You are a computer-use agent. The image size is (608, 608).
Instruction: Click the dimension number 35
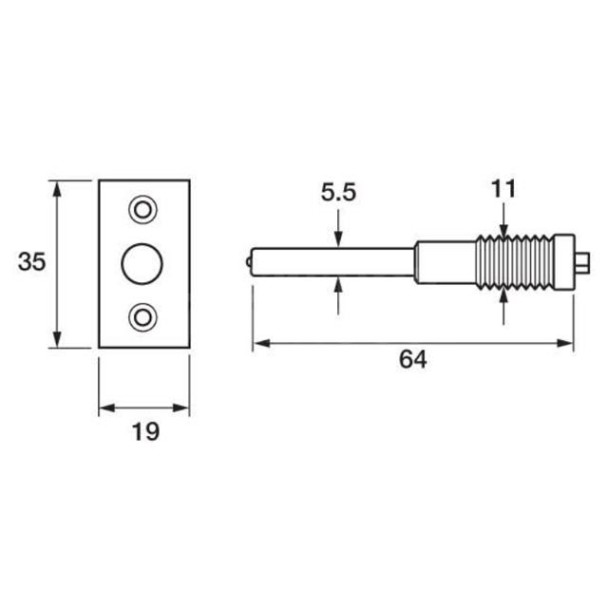pos(31,262)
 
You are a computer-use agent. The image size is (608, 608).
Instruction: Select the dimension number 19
pos(144,432)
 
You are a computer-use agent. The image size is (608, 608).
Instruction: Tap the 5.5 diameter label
pos(338,193)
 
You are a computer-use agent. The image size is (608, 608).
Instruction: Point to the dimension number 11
pos(503,188)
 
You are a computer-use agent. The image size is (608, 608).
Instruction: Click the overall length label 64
pos(411,359)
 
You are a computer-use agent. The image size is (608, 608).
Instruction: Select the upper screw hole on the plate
pos(144,208)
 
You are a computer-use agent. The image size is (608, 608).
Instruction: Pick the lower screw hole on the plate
pos(144,316)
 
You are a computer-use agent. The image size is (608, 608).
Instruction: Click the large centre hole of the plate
pos(144,261)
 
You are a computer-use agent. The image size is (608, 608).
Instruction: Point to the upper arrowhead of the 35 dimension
pos(58,186)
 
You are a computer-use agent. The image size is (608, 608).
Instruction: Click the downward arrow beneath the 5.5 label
pos(338,239)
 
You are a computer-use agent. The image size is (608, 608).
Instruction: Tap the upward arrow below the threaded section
pos(504,295)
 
